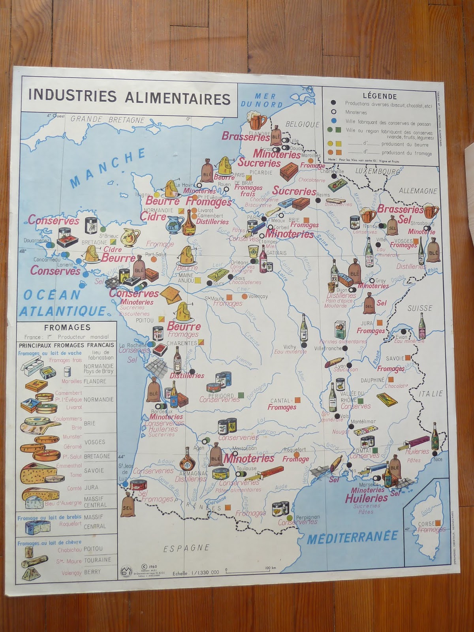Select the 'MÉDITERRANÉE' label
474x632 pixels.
pos(352,537)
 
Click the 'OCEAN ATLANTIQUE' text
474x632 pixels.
pos(58,303)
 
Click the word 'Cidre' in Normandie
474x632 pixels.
pos(154,217)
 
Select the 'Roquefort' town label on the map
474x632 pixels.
pos(294,450)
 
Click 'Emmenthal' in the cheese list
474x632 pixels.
pos(69,466)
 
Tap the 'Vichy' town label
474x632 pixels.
pos(290,336)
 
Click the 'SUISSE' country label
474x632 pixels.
pos(420,308)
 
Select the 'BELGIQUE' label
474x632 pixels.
pos(303,124)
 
